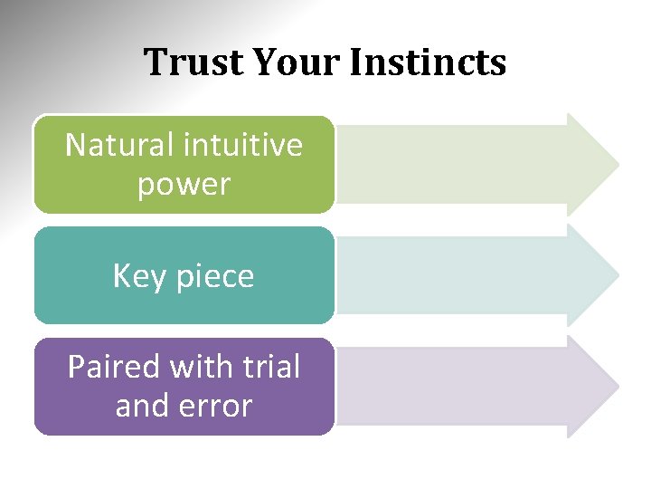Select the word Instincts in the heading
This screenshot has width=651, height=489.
[x=427, y=62]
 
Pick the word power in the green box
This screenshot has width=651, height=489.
[x=184, y=185]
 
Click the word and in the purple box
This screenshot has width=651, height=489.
[x=143, y=406]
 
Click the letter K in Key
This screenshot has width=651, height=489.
[x=122, y=276]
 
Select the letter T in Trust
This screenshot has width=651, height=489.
[x=155, y=62]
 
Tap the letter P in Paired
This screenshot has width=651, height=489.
[x=77, y=367]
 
